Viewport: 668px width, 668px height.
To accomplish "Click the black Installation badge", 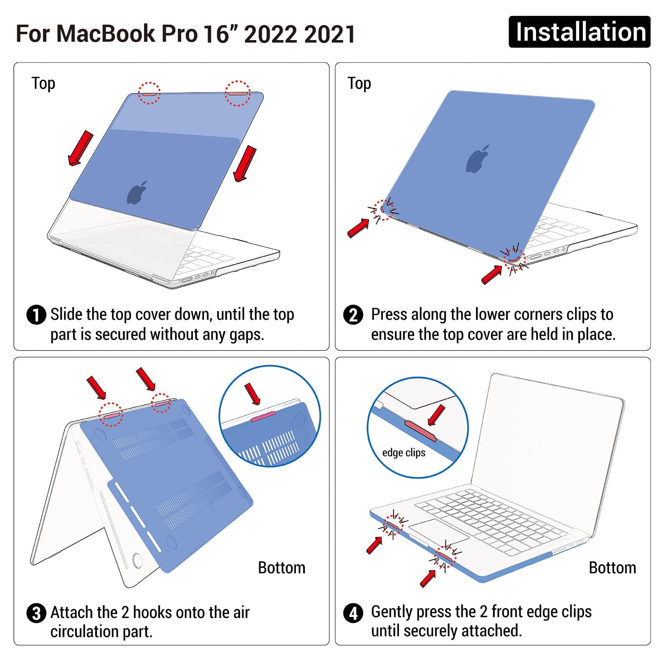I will pyautogui.click(x=579, y=32).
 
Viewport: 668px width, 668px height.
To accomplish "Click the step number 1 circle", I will pyautogui.click(x=36, y=315).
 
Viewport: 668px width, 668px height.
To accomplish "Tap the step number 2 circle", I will pyautogui.click(x=353, y=315).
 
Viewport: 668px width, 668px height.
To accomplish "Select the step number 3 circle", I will pyautogui.click(x=36, y=613).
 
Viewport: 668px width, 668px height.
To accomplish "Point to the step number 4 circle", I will pyautogui.click(x=353, y=613).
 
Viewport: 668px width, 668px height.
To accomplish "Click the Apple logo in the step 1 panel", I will pyautogui.click(x=137, y=193).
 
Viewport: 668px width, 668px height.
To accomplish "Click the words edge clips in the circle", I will pyautogui.click(x=404, y=453).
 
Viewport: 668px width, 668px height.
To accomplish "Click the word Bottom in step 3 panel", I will pyautogui.click(x=281, y=568).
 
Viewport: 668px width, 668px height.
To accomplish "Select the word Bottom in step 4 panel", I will pyautogui.click(x=612, y=568).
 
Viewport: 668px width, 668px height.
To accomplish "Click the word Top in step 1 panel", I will pyautogui.click(x=43, y=83).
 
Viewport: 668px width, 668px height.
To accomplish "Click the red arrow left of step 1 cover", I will pyautogui.click(x=81, y=148).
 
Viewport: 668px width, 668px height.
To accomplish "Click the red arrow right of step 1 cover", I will pyautogui.click(x=245, y=163).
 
